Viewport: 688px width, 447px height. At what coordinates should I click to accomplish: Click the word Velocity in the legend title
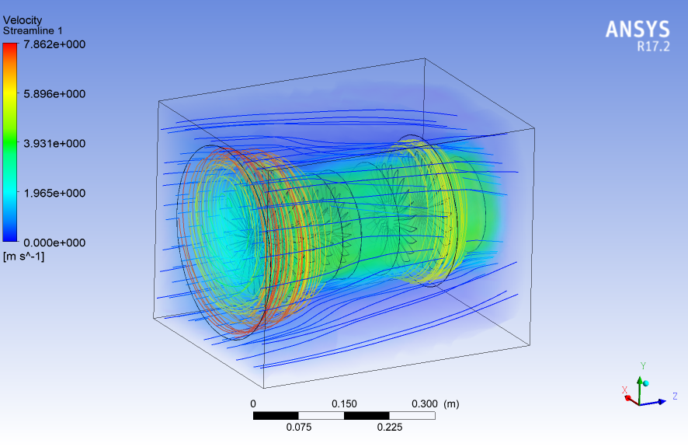(23, 19)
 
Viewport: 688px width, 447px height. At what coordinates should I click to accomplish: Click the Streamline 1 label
(33, 30)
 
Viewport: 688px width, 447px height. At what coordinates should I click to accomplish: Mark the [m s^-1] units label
(24, 257)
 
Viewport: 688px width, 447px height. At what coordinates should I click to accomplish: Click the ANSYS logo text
(637, 30)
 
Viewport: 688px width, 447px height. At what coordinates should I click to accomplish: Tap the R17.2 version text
(652, 47)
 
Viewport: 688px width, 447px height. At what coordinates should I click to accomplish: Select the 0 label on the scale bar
(253, 403)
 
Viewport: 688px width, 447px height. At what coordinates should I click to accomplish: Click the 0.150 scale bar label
(344, 403)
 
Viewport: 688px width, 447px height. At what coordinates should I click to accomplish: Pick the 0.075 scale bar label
(298, 427)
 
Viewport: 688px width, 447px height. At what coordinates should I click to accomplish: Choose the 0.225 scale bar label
(389, 427)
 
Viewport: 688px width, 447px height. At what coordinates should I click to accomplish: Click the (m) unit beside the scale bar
(451, 403)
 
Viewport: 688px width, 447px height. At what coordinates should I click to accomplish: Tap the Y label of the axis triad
(642, 365)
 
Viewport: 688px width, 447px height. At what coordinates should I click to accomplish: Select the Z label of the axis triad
(675, 396)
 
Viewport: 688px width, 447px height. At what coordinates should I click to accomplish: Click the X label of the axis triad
(624, 390)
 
